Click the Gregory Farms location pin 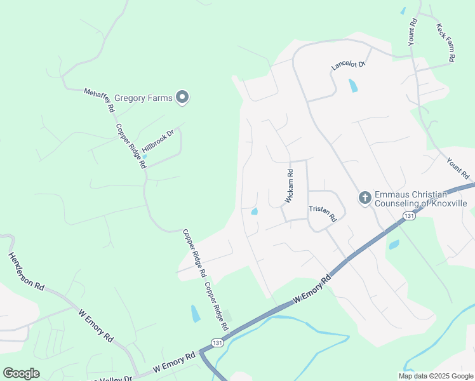click(x=182, y=97)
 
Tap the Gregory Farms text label click(x=144, y=98)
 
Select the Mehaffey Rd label click(x=99, y=100)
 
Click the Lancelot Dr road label click(x=349, y=65)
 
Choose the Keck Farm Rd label click(x=446, y=43)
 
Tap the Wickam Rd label click(x=290, y=185)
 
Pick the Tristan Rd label click(x=322, y=213)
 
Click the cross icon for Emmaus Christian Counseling click(x=365, y=198)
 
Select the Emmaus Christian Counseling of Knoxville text click(x=421, y=198)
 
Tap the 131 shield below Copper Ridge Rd click(x=218, y=342)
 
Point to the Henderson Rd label click(x=25, y=271)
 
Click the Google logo click(x=21, y=373)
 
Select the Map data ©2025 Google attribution click(x=436, y=375)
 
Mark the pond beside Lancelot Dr click(x=352, y=86)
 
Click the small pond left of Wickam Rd click(x=255, y=211)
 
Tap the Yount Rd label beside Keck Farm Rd click(x=413, y=30)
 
